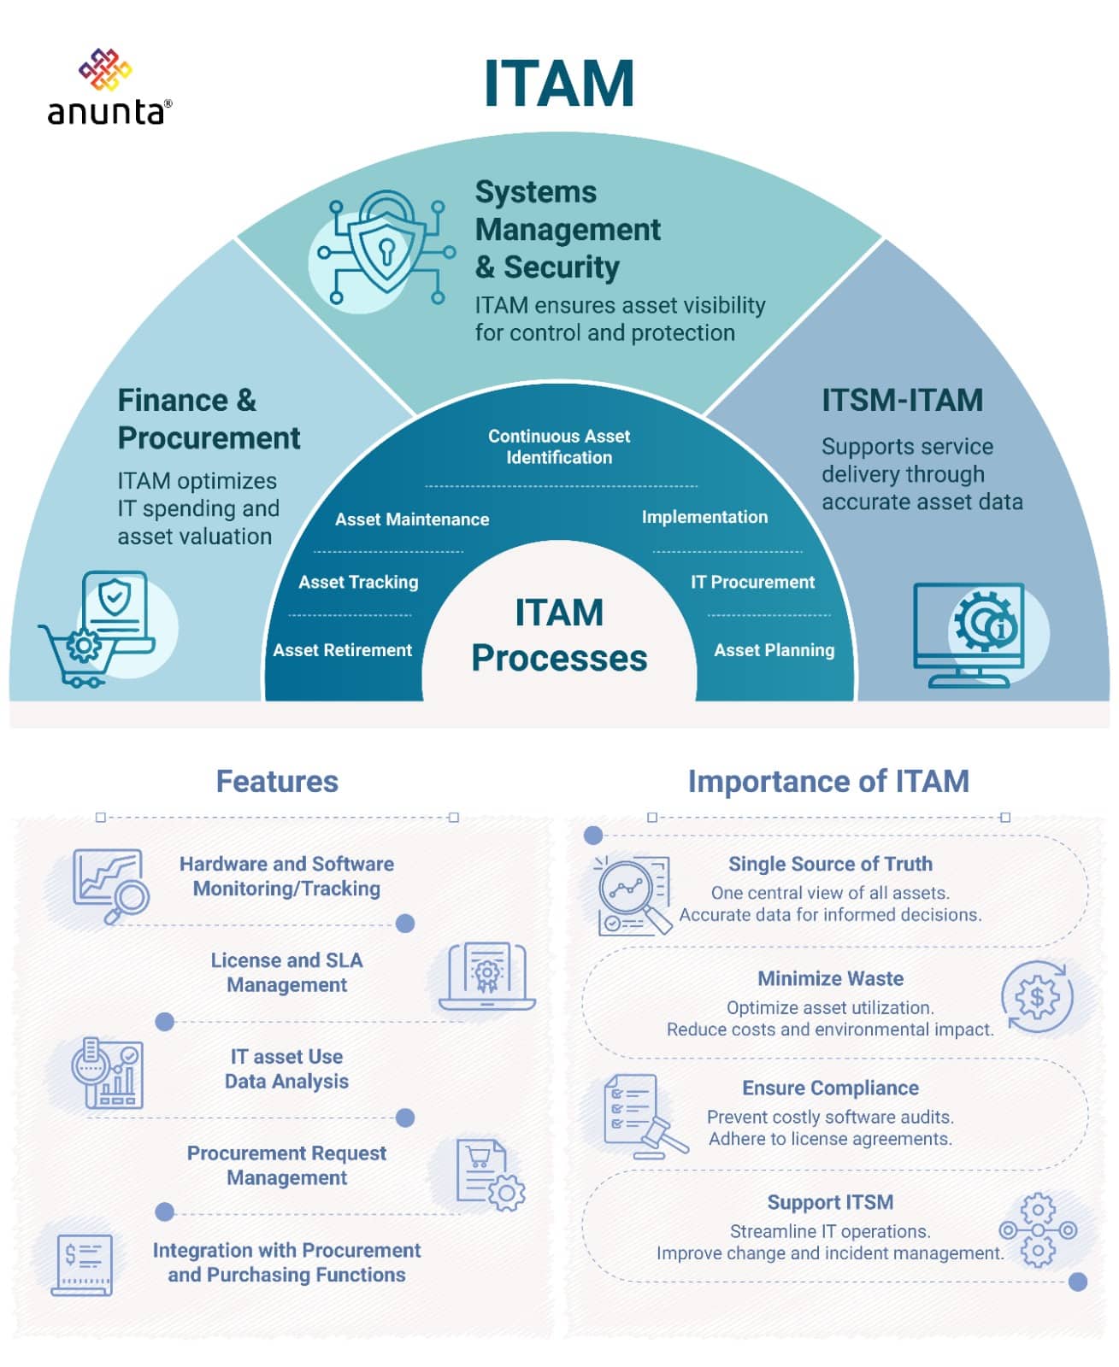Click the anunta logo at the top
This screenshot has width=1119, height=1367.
coord(109,88)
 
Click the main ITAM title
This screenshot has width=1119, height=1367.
coord(558,84)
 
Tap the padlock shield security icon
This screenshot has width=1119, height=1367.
coord(386,249)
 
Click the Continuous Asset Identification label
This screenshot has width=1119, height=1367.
coord(559,447)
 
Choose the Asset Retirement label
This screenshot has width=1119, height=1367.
coord(342,650)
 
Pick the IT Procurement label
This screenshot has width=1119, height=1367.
coord(752,582)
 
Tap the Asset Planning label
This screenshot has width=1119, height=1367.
coord(774,650)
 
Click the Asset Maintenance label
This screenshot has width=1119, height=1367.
coord(412,519)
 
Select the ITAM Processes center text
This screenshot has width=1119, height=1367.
coord(559,636)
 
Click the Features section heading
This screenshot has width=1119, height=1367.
coord(277,781)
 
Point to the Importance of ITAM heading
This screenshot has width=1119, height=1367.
coord(828,781)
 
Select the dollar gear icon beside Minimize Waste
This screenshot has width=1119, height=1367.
coord(1037,997)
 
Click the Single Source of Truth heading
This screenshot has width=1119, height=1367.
coord(830,864)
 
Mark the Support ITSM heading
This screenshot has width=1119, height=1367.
coord(830,1202)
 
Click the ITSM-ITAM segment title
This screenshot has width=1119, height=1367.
coord(902,400)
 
